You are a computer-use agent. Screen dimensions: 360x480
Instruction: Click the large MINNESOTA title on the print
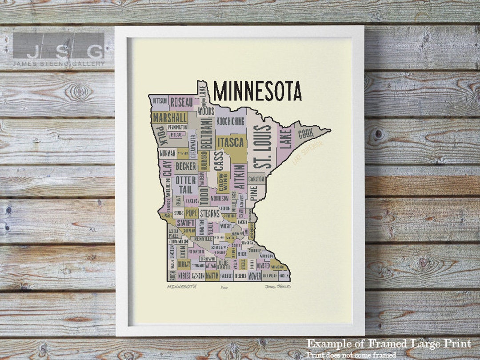pos(257,91)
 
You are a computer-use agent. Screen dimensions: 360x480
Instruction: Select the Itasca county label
pos(230,142)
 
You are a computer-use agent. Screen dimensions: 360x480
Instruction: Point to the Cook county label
pos(306,133)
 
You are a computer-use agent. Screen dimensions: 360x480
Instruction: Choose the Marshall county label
pos(169,118)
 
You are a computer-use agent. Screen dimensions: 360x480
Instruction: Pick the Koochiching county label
pos(230,121)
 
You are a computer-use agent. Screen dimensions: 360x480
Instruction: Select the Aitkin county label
pos(239,177)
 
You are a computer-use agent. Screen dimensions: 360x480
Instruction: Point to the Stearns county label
pos(209,213)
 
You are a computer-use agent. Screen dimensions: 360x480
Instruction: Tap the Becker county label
pos(186,166)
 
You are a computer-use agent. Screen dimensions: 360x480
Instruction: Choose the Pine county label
pos(254,193)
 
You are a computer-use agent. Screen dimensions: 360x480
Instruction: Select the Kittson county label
pos(160,101)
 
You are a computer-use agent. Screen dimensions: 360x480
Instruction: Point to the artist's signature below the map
pos(277,287)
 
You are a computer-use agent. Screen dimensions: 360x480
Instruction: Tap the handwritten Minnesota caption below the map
pos(182,287)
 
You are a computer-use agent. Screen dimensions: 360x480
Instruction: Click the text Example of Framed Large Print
pos(388,344)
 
